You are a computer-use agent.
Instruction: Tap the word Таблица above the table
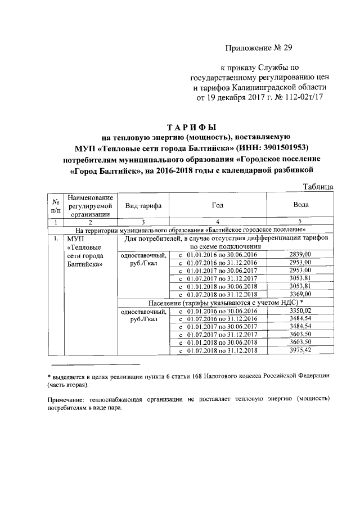[318, 187]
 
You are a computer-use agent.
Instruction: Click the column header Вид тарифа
[143, 206]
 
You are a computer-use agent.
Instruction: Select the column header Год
[217, 206]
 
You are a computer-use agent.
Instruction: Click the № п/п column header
[56, 206]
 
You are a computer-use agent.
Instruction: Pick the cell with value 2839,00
[301, 254]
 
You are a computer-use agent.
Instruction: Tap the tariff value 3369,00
[301, 293]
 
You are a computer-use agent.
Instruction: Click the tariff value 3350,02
[301, 311]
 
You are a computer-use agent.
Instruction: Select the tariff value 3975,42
[301, 350]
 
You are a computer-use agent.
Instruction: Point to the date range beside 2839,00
[218, 254]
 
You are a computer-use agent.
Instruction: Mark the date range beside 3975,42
[218, 350]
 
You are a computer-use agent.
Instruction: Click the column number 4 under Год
[217, 222]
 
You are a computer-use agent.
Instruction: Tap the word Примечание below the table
[67, 398]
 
